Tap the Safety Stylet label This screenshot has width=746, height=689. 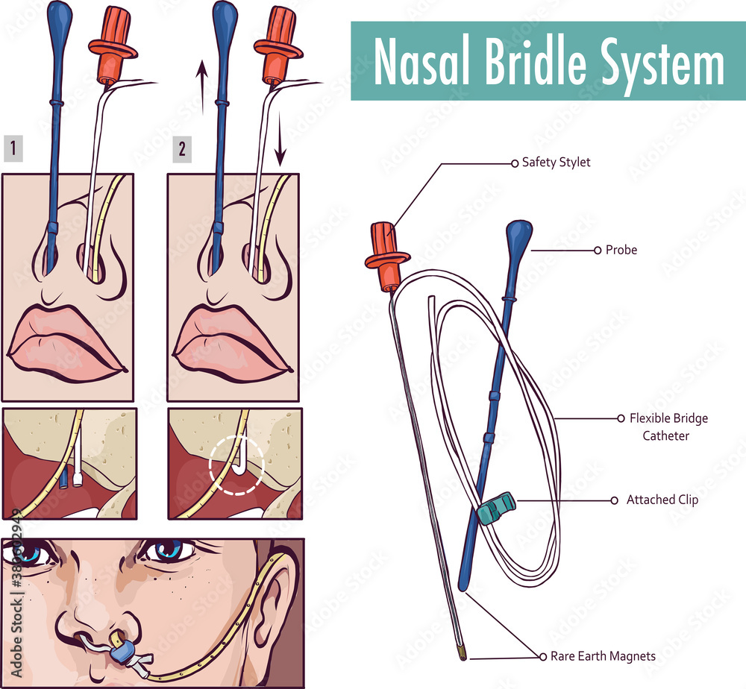[556, 162]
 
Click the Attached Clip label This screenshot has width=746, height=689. [662, 500]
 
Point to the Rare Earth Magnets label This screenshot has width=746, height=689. [603, 656]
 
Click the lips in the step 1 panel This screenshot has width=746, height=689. [66, 339]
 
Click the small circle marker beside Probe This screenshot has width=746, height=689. [597, 251]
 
